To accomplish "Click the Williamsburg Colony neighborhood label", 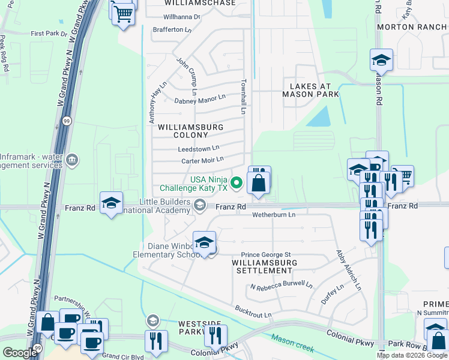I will pyautogui.click(x=190, y=131).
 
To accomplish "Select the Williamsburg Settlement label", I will pyautogui.click(x=264, y=266).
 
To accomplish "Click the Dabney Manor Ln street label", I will pyautogui.click(x=199, y=99).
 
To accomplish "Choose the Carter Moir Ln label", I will pyautogui.click(x=202, y=160).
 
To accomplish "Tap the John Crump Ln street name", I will pyautogui.click(x=187, y=76).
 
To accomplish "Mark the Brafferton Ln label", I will pyautogui.click(x=172, y=29).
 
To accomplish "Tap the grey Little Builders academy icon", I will pyautogui.click(x=200, y=206).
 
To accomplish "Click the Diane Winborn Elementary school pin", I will pyautogui.click(x=205, y=243).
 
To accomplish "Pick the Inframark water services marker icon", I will pyautogui.click(x=72, y=160).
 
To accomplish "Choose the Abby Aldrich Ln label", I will pyautogui.click(x=349, y=271).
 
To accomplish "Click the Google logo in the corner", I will pyautogui.click(x=19, y=352).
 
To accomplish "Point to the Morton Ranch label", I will pyautogui.click(x=412, y=27).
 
